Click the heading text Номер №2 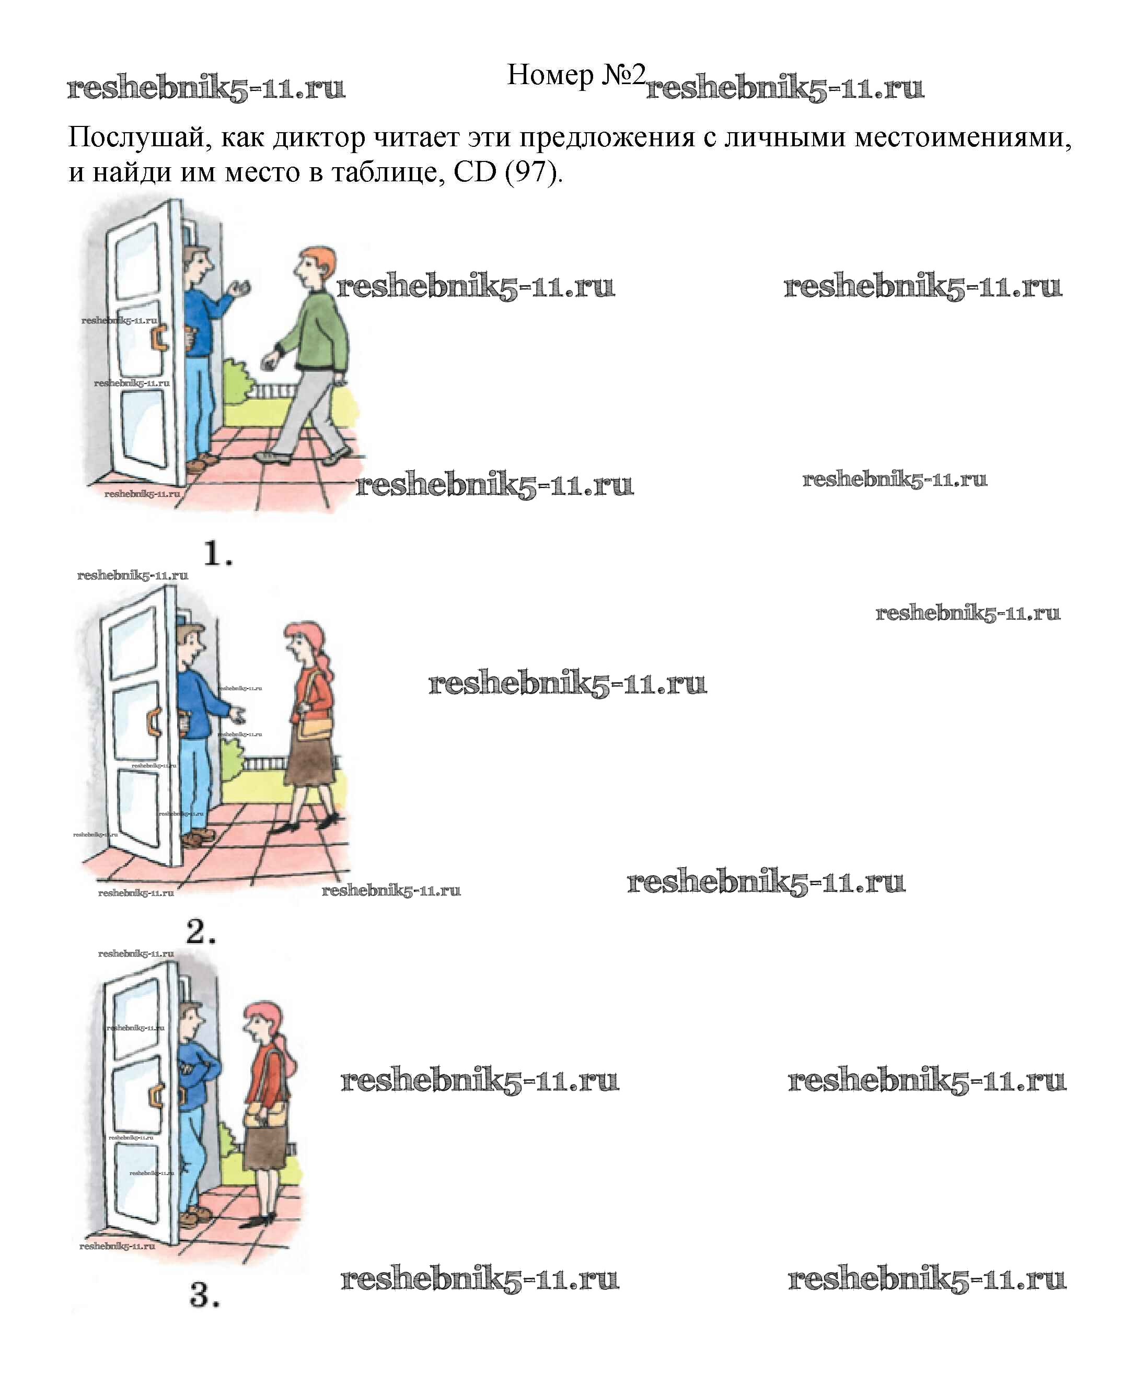(575, 75)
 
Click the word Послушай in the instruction (136, 138)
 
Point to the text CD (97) (507, 172)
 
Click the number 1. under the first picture (217, 554)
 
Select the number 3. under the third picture (204, 1295)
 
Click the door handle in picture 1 (159, 337)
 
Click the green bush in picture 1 (237, 379)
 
